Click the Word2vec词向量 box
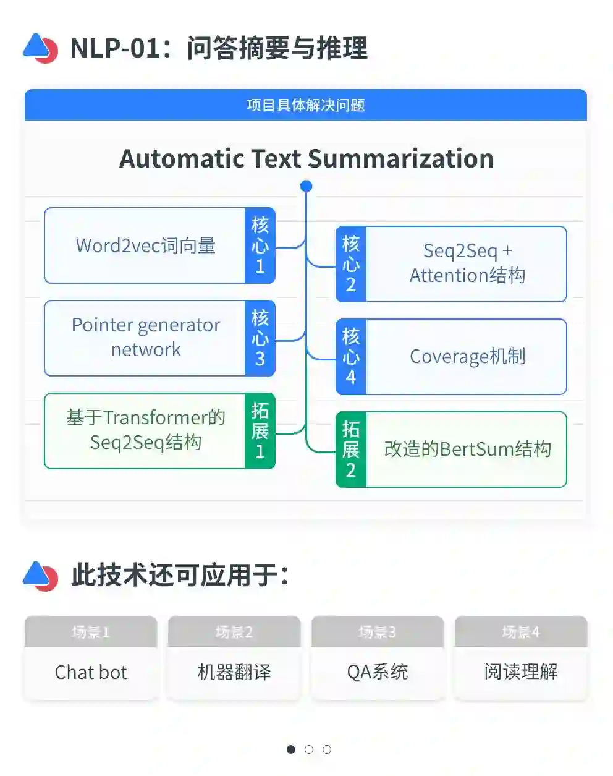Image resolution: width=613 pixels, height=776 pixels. coord(145,245)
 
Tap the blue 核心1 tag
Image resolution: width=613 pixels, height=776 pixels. coord(260,245)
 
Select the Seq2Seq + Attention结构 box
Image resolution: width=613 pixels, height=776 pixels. coord(467,264)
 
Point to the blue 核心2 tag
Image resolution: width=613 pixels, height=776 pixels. coord(351,264)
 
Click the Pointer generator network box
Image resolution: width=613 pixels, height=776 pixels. coord(145,338)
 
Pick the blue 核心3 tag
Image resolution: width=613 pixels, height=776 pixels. coord(260,338)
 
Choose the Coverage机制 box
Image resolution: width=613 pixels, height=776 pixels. coord(467,357)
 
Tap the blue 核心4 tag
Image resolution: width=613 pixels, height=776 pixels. coord(351,357)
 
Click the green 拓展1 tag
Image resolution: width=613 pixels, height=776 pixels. coord(260,431)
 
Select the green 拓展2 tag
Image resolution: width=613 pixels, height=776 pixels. coord(351,450)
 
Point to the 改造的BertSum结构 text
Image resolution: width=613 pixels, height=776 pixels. coord(467,450)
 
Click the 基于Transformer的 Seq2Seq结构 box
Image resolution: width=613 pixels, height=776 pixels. coord(145,430)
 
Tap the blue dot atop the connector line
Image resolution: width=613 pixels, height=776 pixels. coord(306,186)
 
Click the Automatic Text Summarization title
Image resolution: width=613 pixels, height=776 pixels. coord(306,159)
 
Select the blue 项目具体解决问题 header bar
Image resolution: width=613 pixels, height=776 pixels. coord(306,105)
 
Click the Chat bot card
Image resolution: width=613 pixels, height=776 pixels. coord(91,672)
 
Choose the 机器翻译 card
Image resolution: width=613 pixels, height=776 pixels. coord(234,672)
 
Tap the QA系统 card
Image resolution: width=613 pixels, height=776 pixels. coord(378,672)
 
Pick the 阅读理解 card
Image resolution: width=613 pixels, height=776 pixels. coord(521,672)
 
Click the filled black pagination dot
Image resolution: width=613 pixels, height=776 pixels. coord(291,749)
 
